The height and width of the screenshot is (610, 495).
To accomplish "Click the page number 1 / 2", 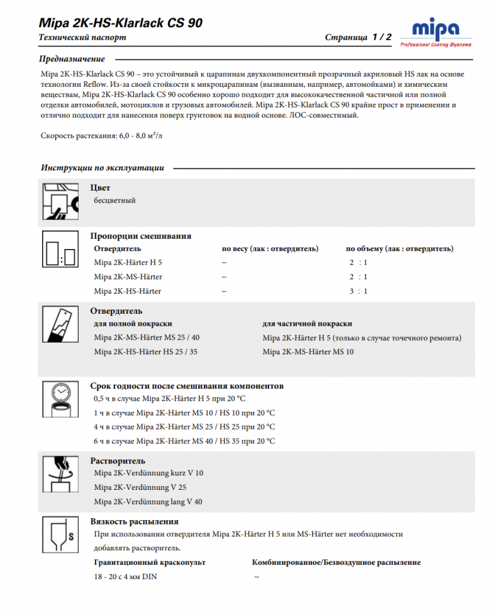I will pos(381,37).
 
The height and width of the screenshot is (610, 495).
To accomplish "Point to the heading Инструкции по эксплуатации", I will pos(103,168).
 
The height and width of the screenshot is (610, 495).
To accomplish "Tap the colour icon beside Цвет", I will pos(60,201).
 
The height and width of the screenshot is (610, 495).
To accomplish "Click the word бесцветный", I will pos(114,201).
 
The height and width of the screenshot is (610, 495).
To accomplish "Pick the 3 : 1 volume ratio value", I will pos(359,291).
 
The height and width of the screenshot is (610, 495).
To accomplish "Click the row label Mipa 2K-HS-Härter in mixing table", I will pos(128,291).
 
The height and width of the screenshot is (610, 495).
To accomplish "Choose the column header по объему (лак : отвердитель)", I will pos(400,248).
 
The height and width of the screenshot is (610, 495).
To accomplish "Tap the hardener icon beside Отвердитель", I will pos(60,327).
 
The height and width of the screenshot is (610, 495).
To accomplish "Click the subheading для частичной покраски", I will pos(307,323).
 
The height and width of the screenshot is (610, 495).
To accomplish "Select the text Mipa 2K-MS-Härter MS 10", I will pos(308,352).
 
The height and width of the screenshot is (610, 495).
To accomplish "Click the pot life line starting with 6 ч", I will pos(184,441).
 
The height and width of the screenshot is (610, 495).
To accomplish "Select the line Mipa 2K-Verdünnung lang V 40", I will pos(148,501).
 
